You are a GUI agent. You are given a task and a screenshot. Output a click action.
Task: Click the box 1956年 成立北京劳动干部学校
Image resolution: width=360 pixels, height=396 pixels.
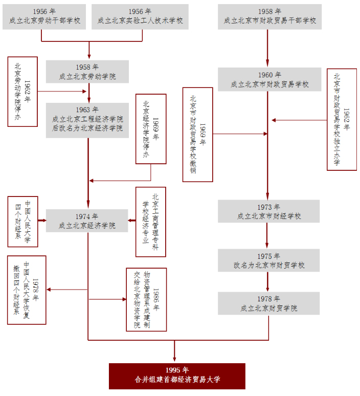(x=45, y=16)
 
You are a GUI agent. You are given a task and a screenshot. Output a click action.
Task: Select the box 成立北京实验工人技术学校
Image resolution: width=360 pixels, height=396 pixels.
(x=140, y=16)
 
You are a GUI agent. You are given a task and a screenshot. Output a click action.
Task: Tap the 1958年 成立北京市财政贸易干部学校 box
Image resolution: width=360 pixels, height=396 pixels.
(x=269, y=16)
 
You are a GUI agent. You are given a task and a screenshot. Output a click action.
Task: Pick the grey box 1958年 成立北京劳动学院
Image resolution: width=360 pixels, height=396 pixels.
(x=87, y=72)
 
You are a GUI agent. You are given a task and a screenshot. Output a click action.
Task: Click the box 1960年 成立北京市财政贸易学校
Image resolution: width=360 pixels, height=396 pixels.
(x=269, y=79)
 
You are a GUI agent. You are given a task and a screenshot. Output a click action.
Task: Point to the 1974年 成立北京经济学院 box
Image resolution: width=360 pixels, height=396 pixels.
(x=87, y=221)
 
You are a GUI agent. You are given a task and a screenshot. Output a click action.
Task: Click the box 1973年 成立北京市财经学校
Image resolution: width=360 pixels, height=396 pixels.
(x=268, y=211)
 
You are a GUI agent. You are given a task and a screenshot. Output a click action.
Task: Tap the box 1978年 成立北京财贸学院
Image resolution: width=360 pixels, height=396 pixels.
(x=268, y=303)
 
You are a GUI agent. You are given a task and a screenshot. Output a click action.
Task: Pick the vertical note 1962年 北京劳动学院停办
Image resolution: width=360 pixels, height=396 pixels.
(x=22, y=92)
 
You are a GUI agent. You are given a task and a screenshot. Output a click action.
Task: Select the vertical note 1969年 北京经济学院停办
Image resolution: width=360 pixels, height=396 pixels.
(x=151, y=129)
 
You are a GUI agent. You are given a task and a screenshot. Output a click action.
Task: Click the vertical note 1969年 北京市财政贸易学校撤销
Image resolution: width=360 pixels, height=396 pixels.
(x=197, y=135)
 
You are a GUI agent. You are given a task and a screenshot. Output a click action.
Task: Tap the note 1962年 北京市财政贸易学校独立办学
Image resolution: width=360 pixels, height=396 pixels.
(x=342, y=119)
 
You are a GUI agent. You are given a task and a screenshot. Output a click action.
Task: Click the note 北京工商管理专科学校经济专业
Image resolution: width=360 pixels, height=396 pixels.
(x=151, y=222)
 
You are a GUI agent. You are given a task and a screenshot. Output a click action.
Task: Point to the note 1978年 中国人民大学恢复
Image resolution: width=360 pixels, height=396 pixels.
(x=27, y=290)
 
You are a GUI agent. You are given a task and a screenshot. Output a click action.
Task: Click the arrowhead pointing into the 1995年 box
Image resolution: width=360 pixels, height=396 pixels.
(x=175, y=359)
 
